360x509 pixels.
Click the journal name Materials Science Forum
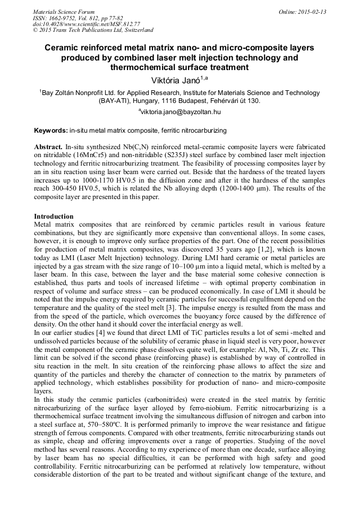[64, 12]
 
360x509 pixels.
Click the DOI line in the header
[86, 24]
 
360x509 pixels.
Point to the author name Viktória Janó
[177, 80]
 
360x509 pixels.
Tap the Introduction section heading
[54, 217]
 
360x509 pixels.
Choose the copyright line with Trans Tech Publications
[93, 30]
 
